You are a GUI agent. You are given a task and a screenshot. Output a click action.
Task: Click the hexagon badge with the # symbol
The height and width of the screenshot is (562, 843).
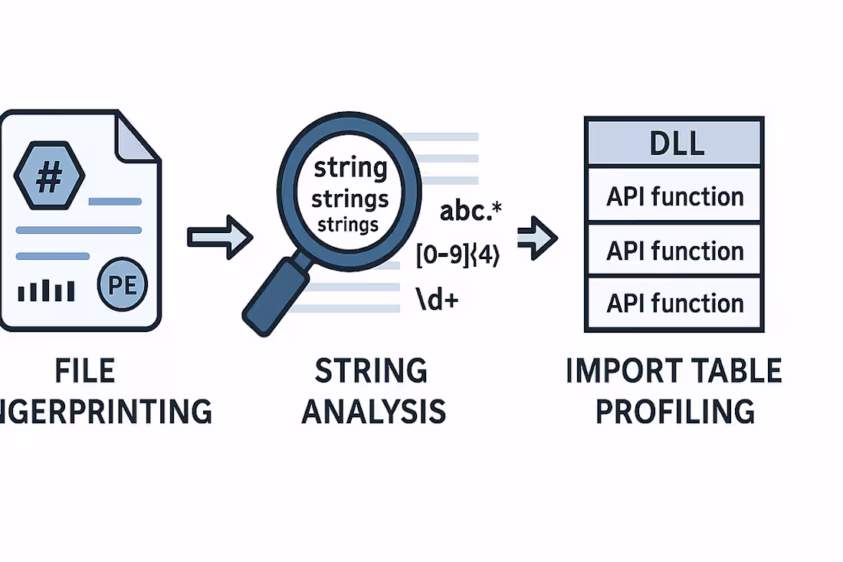click(x=49, y=177)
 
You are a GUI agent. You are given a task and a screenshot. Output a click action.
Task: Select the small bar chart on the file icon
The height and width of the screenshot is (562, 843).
click(x=46, y=291)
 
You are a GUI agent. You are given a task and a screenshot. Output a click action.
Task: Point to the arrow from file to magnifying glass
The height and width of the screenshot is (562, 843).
click(x=220, y=236)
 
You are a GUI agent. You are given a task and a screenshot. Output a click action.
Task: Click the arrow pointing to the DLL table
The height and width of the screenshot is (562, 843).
click(x=538, y=238)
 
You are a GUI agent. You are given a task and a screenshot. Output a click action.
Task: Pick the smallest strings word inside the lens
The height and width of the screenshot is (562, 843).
click(x=348, y=225)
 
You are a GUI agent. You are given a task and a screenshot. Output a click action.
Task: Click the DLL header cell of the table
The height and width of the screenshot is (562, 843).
click(x=674, y=143)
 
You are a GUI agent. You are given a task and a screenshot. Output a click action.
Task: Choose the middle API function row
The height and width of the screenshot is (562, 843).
click(x=674, y=250)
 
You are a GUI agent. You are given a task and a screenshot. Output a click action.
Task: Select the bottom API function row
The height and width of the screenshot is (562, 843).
click(x=674, y=303)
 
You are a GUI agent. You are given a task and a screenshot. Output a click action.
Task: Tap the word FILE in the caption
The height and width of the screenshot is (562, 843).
click(x=84, y=371)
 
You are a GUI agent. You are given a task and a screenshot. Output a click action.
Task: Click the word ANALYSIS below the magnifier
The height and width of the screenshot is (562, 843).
click(x=373, y=412)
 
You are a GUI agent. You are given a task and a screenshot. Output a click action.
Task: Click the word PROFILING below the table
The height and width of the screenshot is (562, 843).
click(x=674, y=412)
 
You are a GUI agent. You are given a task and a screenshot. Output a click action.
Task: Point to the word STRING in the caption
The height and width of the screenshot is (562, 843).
click(x=372, y=371)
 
